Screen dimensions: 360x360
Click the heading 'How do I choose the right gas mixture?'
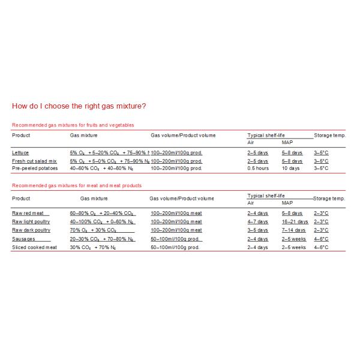point(79,106)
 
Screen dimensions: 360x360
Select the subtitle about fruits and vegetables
point(73,125)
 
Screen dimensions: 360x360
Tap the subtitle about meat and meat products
point(76,185)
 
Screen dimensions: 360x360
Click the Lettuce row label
point(20,153)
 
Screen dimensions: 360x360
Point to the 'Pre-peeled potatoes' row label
point(34,168)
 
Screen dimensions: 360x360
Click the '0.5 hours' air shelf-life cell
point(258,168)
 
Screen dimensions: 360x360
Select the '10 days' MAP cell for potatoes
point(290,168)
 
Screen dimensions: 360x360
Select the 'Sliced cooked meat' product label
point(34,247)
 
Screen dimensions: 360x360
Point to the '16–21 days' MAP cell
point(294,221)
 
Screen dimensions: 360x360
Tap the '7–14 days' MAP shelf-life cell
point(293,230)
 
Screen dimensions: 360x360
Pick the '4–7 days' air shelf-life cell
point(257,221)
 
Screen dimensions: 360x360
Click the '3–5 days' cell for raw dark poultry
point(257,230)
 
